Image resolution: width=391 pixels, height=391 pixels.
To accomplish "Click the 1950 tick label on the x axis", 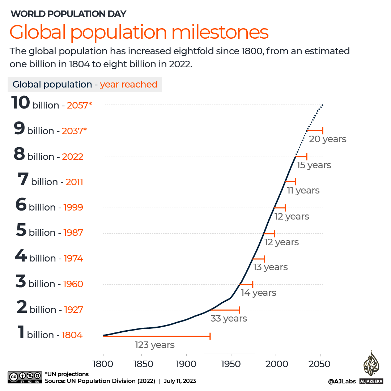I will coord(231,364).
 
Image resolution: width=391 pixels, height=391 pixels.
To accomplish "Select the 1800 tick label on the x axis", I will coord(103,364).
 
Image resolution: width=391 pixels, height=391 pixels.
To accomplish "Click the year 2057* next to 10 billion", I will coord(80,105).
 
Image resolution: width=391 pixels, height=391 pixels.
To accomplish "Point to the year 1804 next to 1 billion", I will coord(72,335).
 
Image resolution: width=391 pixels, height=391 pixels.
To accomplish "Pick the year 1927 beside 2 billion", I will coord(73,310).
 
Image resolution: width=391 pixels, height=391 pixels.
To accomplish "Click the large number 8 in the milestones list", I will coord(19,154).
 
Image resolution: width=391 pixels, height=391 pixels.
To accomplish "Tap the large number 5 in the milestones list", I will coord(21,230).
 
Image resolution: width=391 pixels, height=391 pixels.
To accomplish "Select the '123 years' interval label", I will coord(155,345).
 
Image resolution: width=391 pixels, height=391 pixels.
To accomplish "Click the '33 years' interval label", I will coord(229,318).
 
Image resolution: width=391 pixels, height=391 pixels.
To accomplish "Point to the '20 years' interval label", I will coord(328,139).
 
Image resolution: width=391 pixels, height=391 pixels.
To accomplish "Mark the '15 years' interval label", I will coord(314,165).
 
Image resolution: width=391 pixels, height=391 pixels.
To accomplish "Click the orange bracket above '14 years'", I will coord(246,284).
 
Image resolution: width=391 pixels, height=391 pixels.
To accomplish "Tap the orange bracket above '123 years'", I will coord(157,336).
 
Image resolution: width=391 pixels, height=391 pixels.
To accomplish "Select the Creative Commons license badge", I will coord(24,377).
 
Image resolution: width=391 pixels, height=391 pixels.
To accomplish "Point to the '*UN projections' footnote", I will coord(67,374).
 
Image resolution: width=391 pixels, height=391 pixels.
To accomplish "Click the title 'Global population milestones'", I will coord(139,32).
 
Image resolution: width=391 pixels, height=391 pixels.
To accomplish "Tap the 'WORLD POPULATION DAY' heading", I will coord(68,14).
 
